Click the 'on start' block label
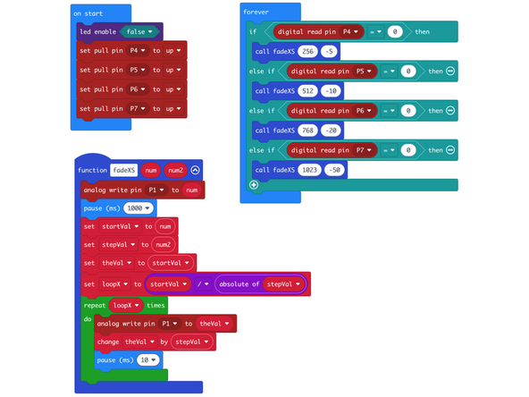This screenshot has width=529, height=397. pos(88,14)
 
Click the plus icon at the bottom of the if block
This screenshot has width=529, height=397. pos(254,184)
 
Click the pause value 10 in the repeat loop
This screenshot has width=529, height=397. pos(148,359)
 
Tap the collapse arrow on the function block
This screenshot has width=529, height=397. pos(195,170)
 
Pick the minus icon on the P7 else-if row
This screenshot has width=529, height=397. pos(450,149)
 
